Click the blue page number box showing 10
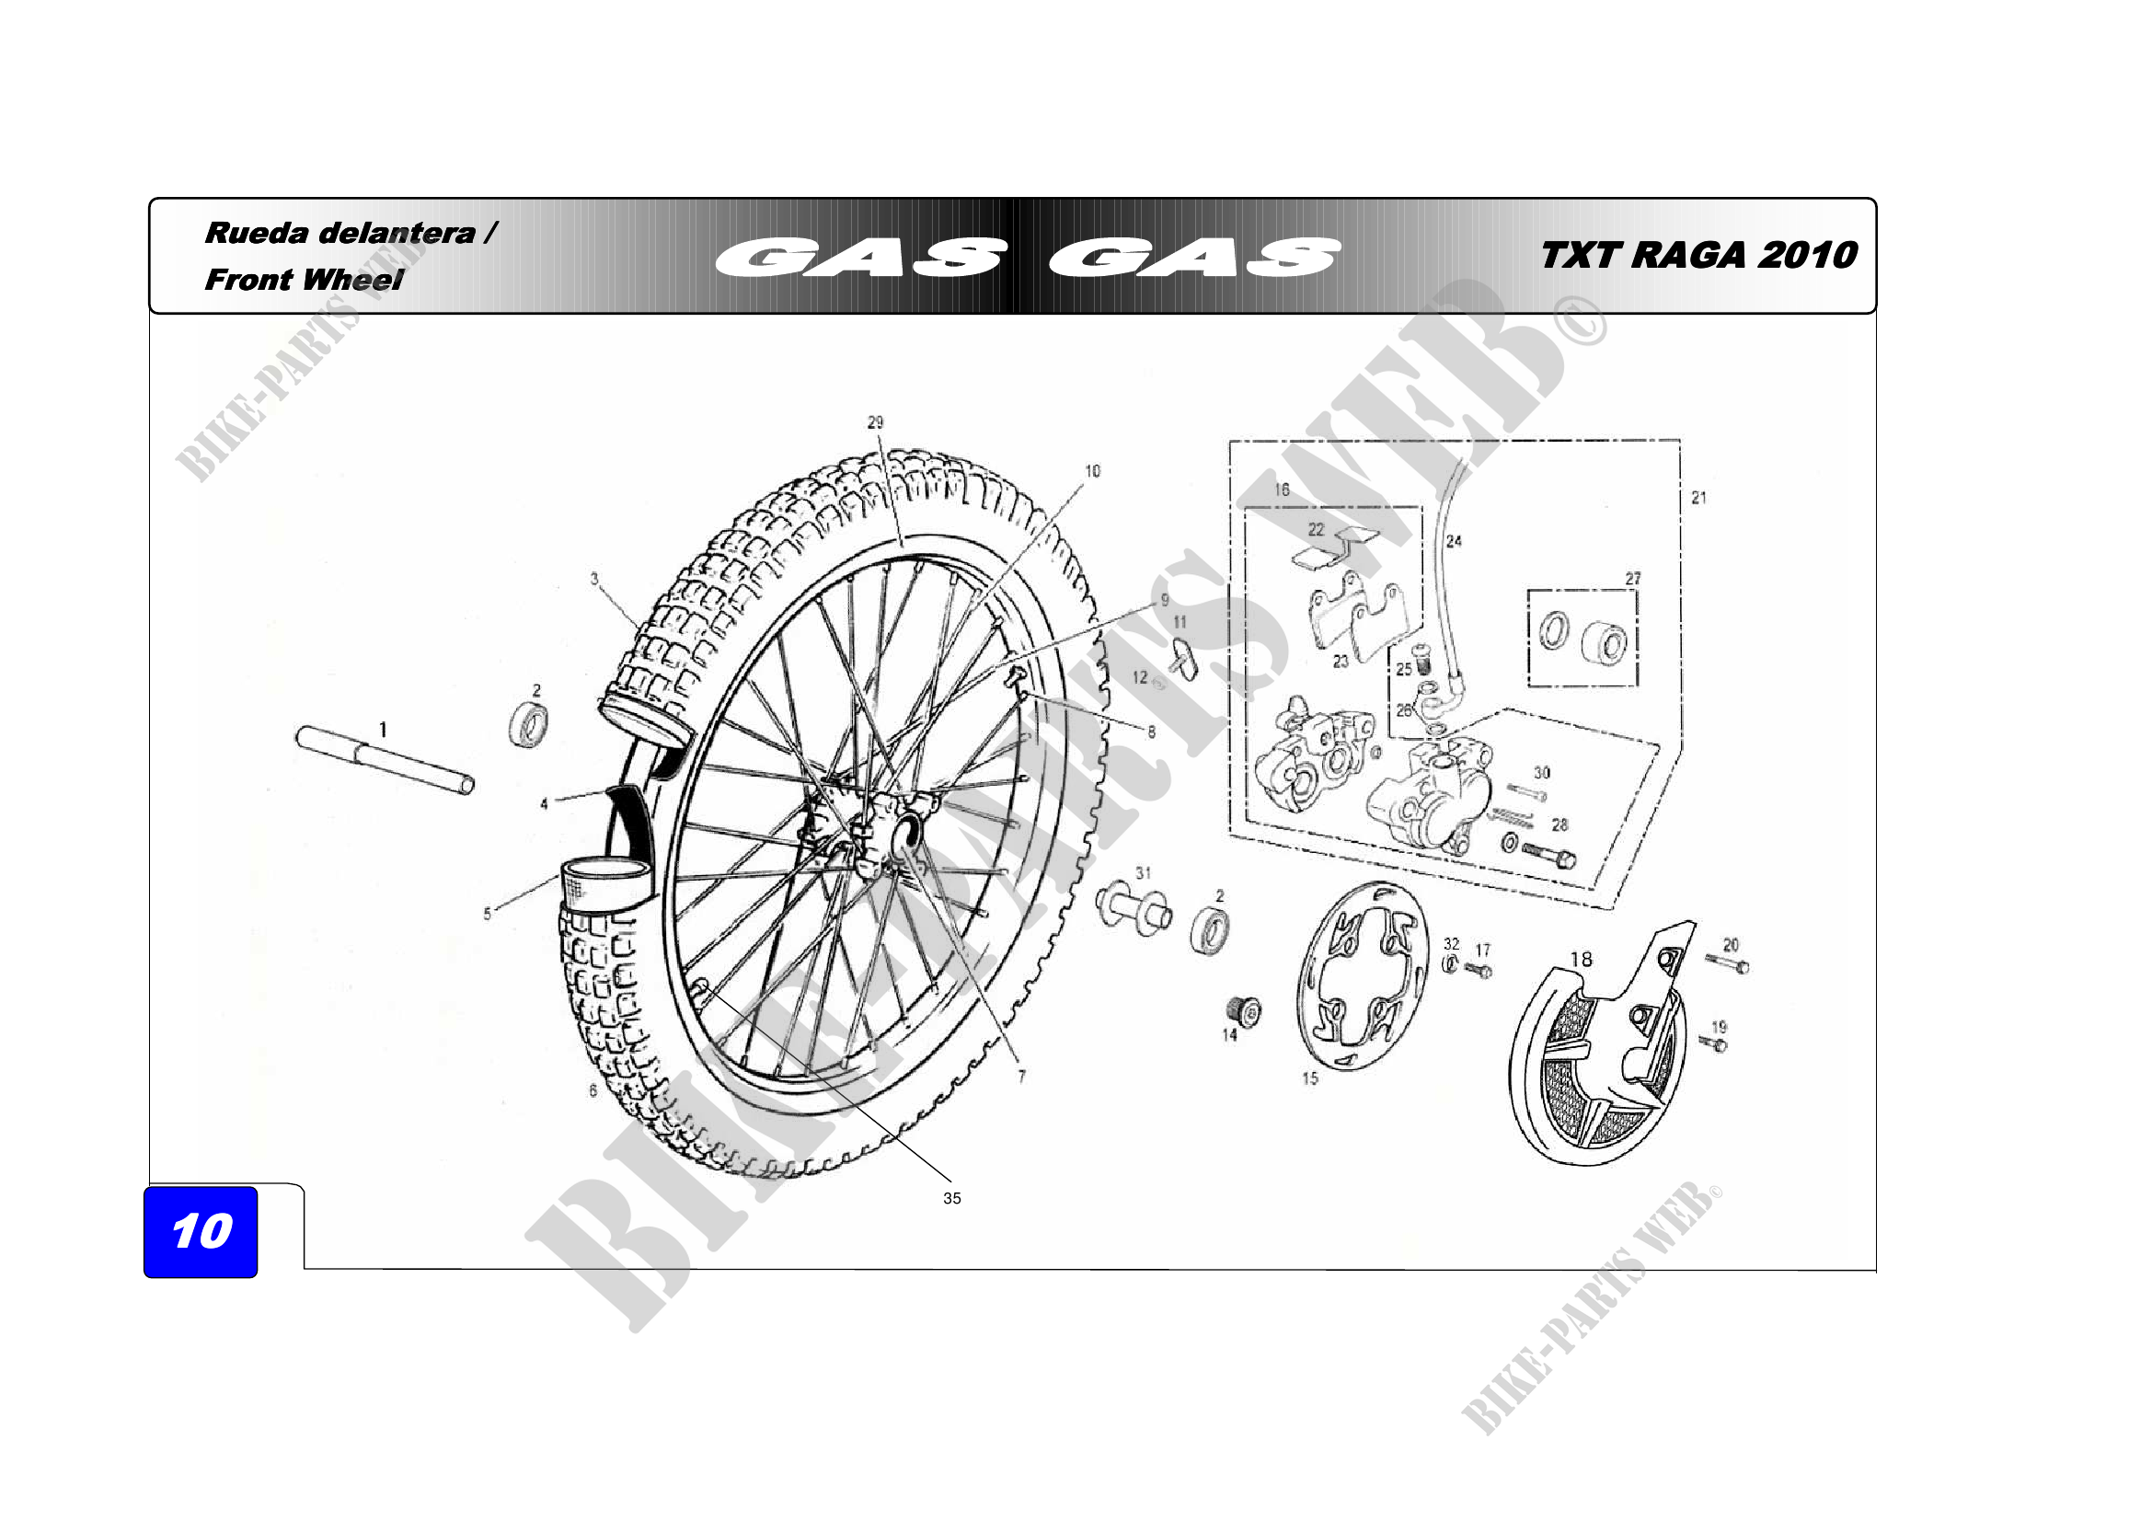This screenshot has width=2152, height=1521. [x=201, y=1230]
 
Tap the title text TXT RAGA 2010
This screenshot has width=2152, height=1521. [x=1697, y=255]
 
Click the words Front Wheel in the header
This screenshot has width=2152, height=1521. [x=304, y=280]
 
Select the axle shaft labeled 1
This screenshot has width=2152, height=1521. [x=385, y=760]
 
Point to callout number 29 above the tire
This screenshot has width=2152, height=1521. [x=875, y=422]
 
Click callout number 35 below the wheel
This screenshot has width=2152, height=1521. [x=951, y=1198]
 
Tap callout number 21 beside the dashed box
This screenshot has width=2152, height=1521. [x=1698, y=498]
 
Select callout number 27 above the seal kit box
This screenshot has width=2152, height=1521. [x=1633, y=578]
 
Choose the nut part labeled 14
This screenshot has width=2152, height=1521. [x=1245, y=1010]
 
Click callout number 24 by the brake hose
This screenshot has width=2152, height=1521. [x=1454, y=541]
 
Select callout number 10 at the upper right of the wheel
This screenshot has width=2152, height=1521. [x=1092, y=470]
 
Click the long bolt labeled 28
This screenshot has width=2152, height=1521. [x=1548, y=855]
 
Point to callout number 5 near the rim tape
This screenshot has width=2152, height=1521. [x=487, y=914]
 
